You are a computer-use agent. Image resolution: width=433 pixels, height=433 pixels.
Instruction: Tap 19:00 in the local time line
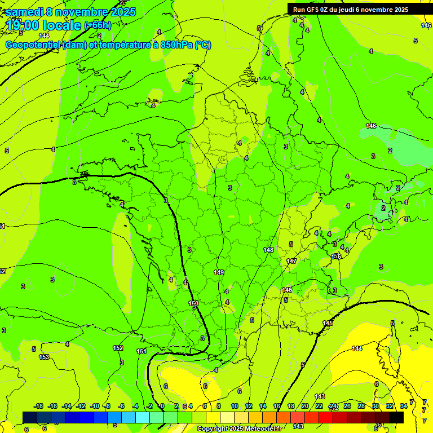[x=22, y=25]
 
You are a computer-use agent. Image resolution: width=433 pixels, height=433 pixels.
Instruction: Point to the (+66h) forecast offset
[x=98, y=25]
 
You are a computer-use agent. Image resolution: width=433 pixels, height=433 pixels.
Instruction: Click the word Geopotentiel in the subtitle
[x=33, y=45]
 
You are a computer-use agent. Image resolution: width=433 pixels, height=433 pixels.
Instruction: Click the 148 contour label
[x=268, y=249]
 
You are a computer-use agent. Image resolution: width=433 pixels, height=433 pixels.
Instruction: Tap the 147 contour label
[x=291, y=261]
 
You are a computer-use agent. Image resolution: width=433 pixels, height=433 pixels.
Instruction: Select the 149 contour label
[x=219, y=272]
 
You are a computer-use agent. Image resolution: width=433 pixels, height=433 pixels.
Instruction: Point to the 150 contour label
[x=193, y=303]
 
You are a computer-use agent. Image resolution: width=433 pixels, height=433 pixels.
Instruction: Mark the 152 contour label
[x=118, y=348]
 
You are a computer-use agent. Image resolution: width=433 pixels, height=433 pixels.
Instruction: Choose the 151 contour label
[x=142, y=351]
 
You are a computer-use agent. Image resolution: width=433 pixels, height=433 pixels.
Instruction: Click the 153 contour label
[x=44, y=357]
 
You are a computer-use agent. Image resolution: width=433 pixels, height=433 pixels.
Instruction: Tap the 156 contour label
[x=336, y=257]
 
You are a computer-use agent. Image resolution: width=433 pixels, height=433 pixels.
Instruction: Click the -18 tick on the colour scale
[x=38, y=406]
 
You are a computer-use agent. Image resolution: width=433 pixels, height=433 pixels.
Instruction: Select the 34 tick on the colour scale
[x=404, y=406]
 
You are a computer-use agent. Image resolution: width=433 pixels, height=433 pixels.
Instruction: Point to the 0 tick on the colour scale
[x=162, y=406]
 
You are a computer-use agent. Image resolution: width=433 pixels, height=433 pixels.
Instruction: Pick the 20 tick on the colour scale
[x=304, y=406]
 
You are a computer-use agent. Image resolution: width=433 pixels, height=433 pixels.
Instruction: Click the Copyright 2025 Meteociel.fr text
[x=239, y=429]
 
